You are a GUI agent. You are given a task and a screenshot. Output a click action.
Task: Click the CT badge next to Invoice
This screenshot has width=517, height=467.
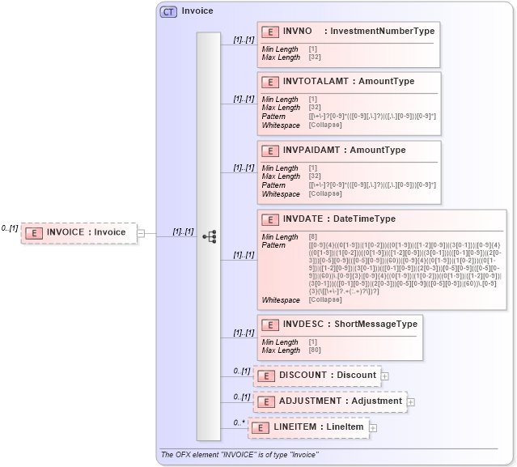tap(168, 11)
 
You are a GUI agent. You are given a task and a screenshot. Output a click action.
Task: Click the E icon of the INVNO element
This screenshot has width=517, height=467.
tap(269, 32)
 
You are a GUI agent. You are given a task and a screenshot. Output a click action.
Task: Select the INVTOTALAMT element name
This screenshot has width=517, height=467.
tap(311, 82)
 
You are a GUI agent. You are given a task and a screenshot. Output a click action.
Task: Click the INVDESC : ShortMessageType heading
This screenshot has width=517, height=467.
tap(350, 325)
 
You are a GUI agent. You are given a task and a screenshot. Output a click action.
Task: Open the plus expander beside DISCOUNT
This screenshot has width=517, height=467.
tap(385, 376)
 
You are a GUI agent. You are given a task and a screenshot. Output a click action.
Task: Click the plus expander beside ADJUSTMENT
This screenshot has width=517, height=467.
tap(411, 401)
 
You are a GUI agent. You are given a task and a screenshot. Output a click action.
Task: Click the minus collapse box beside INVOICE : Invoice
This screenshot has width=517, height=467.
tap(141, 233)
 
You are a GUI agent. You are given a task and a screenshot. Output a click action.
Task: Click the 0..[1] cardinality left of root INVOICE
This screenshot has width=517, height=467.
tap(10, 228)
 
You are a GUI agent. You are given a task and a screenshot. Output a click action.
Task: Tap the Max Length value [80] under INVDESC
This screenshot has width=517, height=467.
tap(315, 350)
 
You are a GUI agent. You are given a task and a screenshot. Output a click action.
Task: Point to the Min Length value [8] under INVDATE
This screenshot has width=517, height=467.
tap(313, 236)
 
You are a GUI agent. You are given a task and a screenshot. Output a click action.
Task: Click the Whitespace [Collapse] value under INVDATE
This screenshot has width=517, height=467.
tap(325, 300)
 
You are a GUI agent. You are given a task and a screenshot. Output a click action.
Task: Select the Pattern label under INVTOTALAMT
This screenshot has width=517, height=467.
tap(273, 117)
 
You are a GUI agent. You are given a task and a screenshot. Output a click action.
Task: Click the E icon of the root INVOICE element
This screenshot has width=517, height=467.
tap(34, 233)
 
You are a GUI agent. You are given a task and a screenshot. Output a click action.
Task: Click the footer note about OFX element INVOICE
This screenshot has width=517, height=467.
tap(239, 455)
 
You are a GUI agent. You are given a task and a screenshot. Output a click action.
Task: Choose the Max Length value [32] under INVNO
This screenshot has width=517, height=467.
tap(315, 57)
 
